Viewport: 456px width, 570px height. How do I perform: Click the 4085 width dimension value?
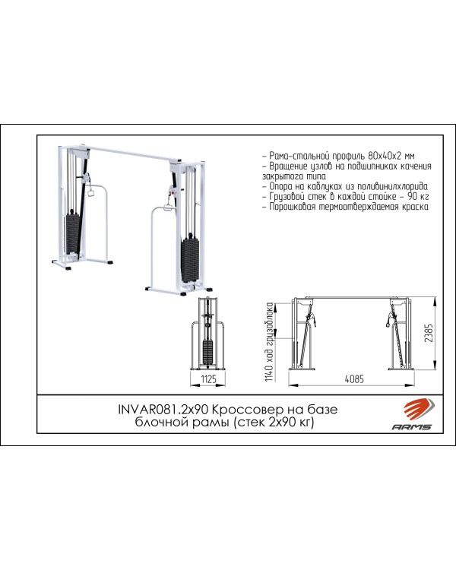pos(354,378)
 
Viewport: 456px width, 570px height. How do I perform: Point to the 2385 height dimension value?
pos(429,333)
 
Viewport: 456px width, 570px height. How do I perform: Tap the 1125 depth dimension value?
pos(209,379)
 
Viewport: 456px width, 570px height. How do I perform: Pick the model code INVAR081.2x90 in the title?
pos(163,410)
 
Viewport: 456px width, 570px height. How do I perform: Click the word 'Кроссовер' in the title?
pos(248,410)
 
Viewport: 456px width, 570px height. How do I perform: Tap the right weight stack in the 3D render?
pos(191,259)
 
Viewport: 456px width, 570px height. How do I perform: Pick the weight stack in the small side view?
pos(207,352)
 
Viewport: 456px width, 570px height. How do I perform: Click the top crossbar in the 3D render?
pos(134,154)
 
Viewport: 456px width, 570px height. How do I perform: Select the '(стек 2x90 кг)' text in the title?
pos(273,423)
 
